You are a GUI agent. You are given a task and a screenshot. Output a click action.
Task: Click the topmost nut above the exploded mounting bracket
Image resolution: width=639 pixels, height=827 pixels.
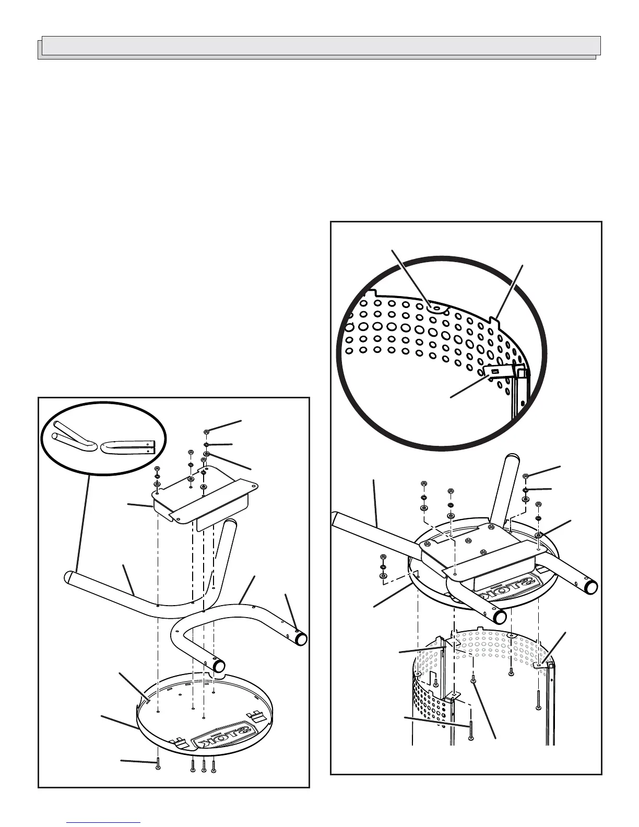pos(207,432)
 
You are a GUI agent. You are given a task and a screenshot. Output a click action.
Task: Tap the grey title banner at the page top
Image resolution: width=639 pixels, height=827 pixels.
pos(319,46)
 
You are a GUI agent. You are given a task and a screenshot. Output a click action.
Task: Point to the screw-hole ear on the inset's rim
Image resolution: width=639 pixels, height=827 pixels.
pos(434,309)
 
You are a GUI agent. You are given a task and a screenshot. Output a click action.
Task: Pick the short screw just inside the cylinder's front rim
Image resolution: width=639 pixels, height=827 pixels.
pos(473,680)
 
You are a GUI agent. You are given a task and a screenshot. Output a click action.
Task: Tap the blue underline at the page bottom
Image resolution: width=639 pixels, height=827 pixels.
pos(104,822)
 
